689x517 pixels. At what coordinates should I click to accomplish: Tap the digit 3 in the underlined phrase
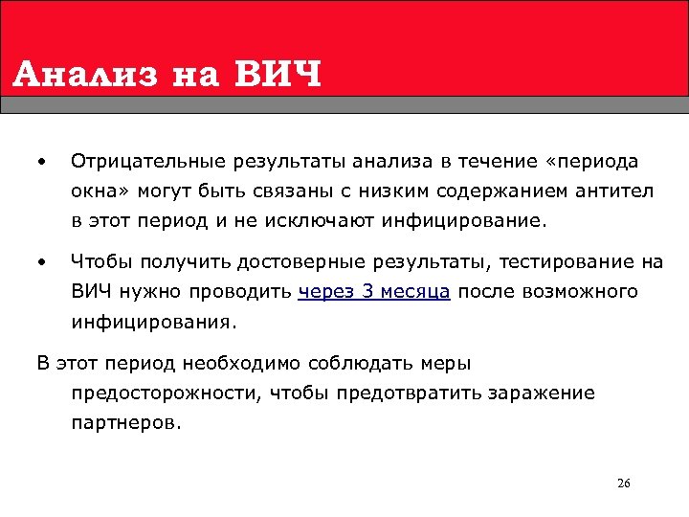[x=367, y=291]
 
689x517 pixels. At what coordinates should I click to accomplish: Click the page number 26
[x=623, y=483]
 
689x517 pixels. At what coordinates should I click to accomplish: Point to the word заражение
[x=542, y=393]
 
